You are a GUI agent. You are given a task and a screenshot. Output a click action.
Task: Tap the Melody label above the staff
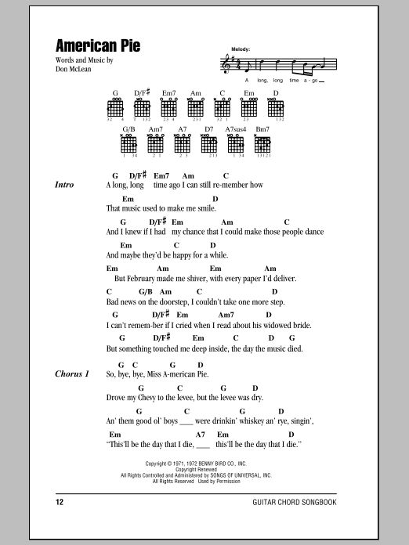coord(240,49)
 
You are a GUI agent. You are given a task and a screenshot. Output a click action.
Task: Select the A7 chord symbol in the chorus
coord(200,434)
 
